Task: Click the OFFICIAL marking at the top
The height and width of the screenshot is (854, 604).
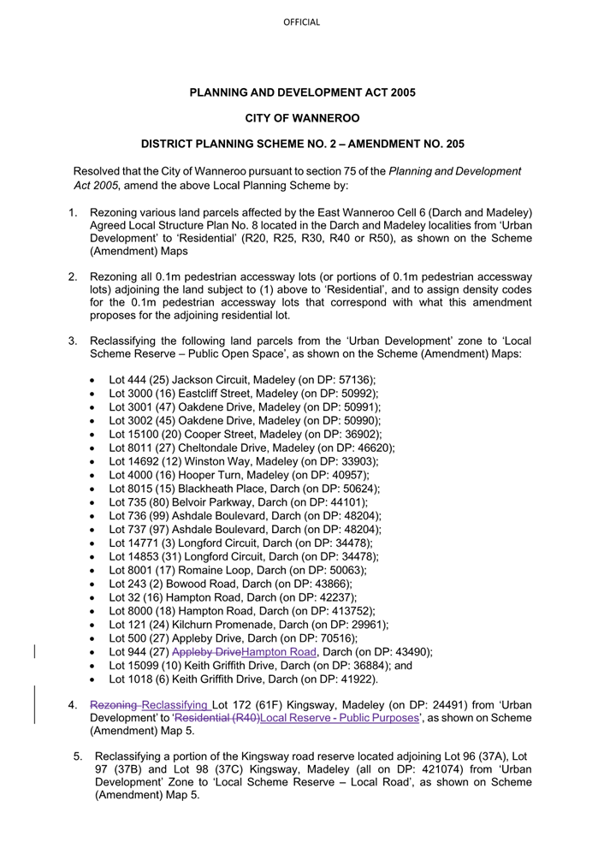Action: tap(301, 22)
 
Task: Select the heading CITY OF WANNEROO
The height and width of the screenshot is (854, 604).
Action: tap(302, 118)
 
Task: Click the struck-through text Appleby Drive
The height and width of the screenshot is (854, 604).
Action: tap(206, 652)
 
